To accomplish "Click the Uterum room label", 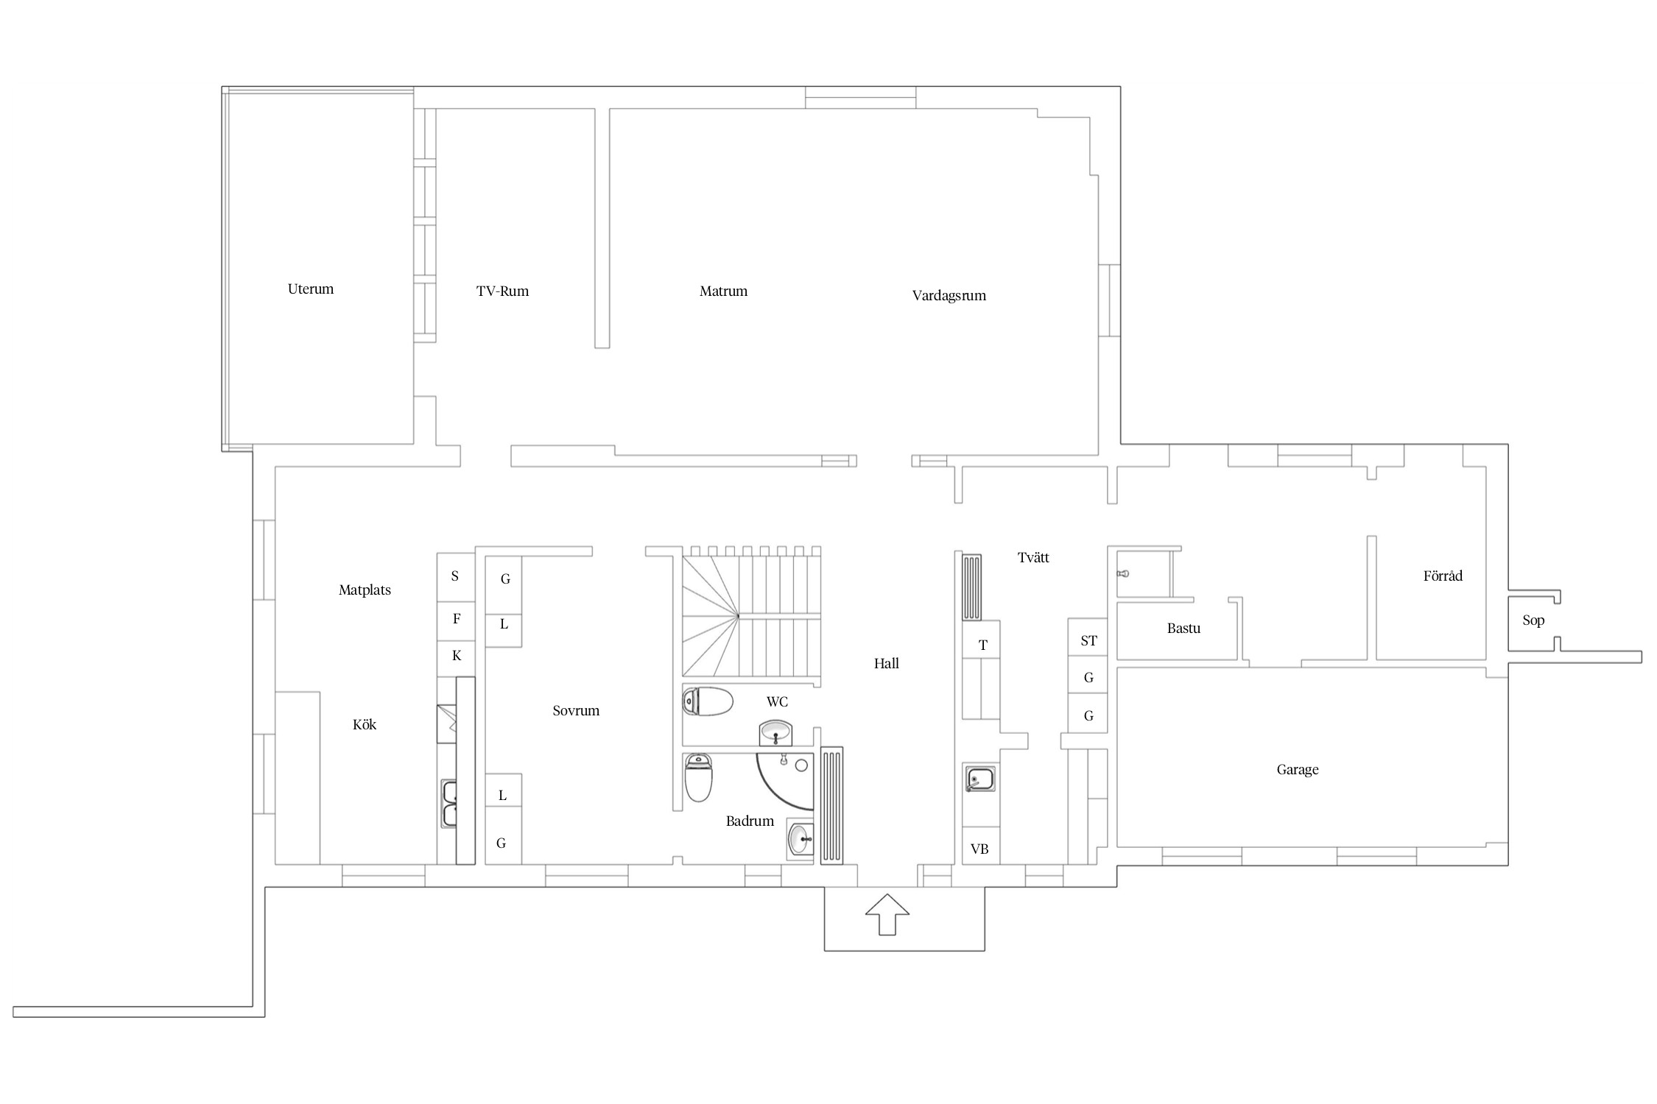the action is coord(310,289).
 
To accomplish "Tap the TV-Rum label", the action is coord(502,291).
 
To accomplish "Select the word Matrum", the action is coord(723,291).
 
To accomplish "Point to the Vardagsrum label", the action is coord(949,296).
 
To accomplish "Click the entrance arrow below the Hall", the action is coord(887,914).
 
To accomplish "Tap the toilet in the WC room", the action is coord(708,701).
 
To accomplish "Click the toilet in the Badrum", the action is coord(698,777).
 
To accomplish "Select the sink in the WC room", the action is coord(775,733).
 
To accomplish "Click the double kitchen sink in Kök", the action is coord(448,804).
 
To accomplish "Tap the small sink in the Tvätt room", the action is coord(980,779).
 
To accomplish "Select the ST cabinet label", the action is coord(1088,641).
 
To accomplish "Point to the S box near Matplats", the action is coord(456,577).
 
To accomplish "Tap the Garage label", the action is coord(1297,771).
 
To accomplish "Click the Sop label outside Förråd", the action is coord(1533,620).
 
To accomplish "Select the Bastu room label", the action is coord(1183,629).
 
